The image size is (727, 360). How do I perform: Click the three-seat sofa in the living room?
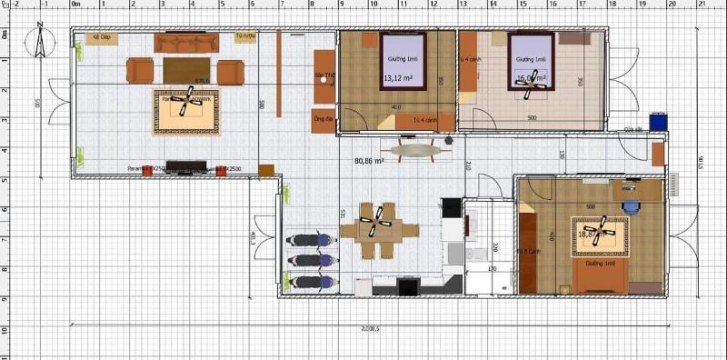(x=186, y=43)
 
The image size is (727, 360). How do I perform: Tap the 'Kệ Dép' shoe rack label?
(x=100, y=38)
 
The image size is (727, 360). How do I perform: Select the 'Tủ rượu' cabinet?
(x=244, y=37)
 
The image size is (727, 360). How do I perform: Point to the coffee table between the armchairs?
(x=186, y=70)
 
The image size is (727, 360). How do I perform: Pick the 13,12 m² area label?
(x=398, y=79)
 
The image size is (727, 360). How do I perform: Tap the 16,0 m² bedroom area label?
(x=531, y=79)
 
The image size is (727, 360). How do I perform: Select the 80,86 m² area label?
(x=368, y=161)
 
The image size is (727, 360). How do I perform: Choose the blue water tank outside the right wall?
(x=658, y=120)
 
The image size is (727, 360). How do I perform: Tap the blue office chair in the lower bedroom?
(x=632, y=205)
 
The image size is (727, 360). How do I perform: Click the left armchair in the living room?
(x=140, y=71)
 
